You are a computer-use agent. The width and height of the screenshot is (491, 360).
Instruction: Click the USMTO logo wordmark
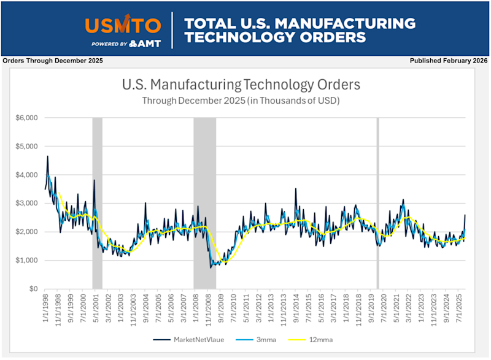(x=123, y=25)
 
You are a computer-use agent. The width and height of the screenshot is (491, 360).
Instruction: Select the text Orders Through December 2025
(x=53, y=61)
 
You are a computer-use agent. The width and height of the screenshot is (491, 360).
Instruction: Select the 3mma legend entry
(x=261, y=339)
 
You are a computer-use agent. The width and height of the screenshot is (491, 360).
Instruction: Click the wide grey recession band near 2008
(x=204, y=184)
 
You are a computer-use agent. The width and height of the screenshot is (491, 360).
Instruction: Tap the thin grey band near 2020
(x=377, y=184)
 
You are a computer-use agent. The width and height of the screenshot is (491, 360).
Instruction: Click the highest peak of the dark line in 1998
(x=47, y=156)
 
